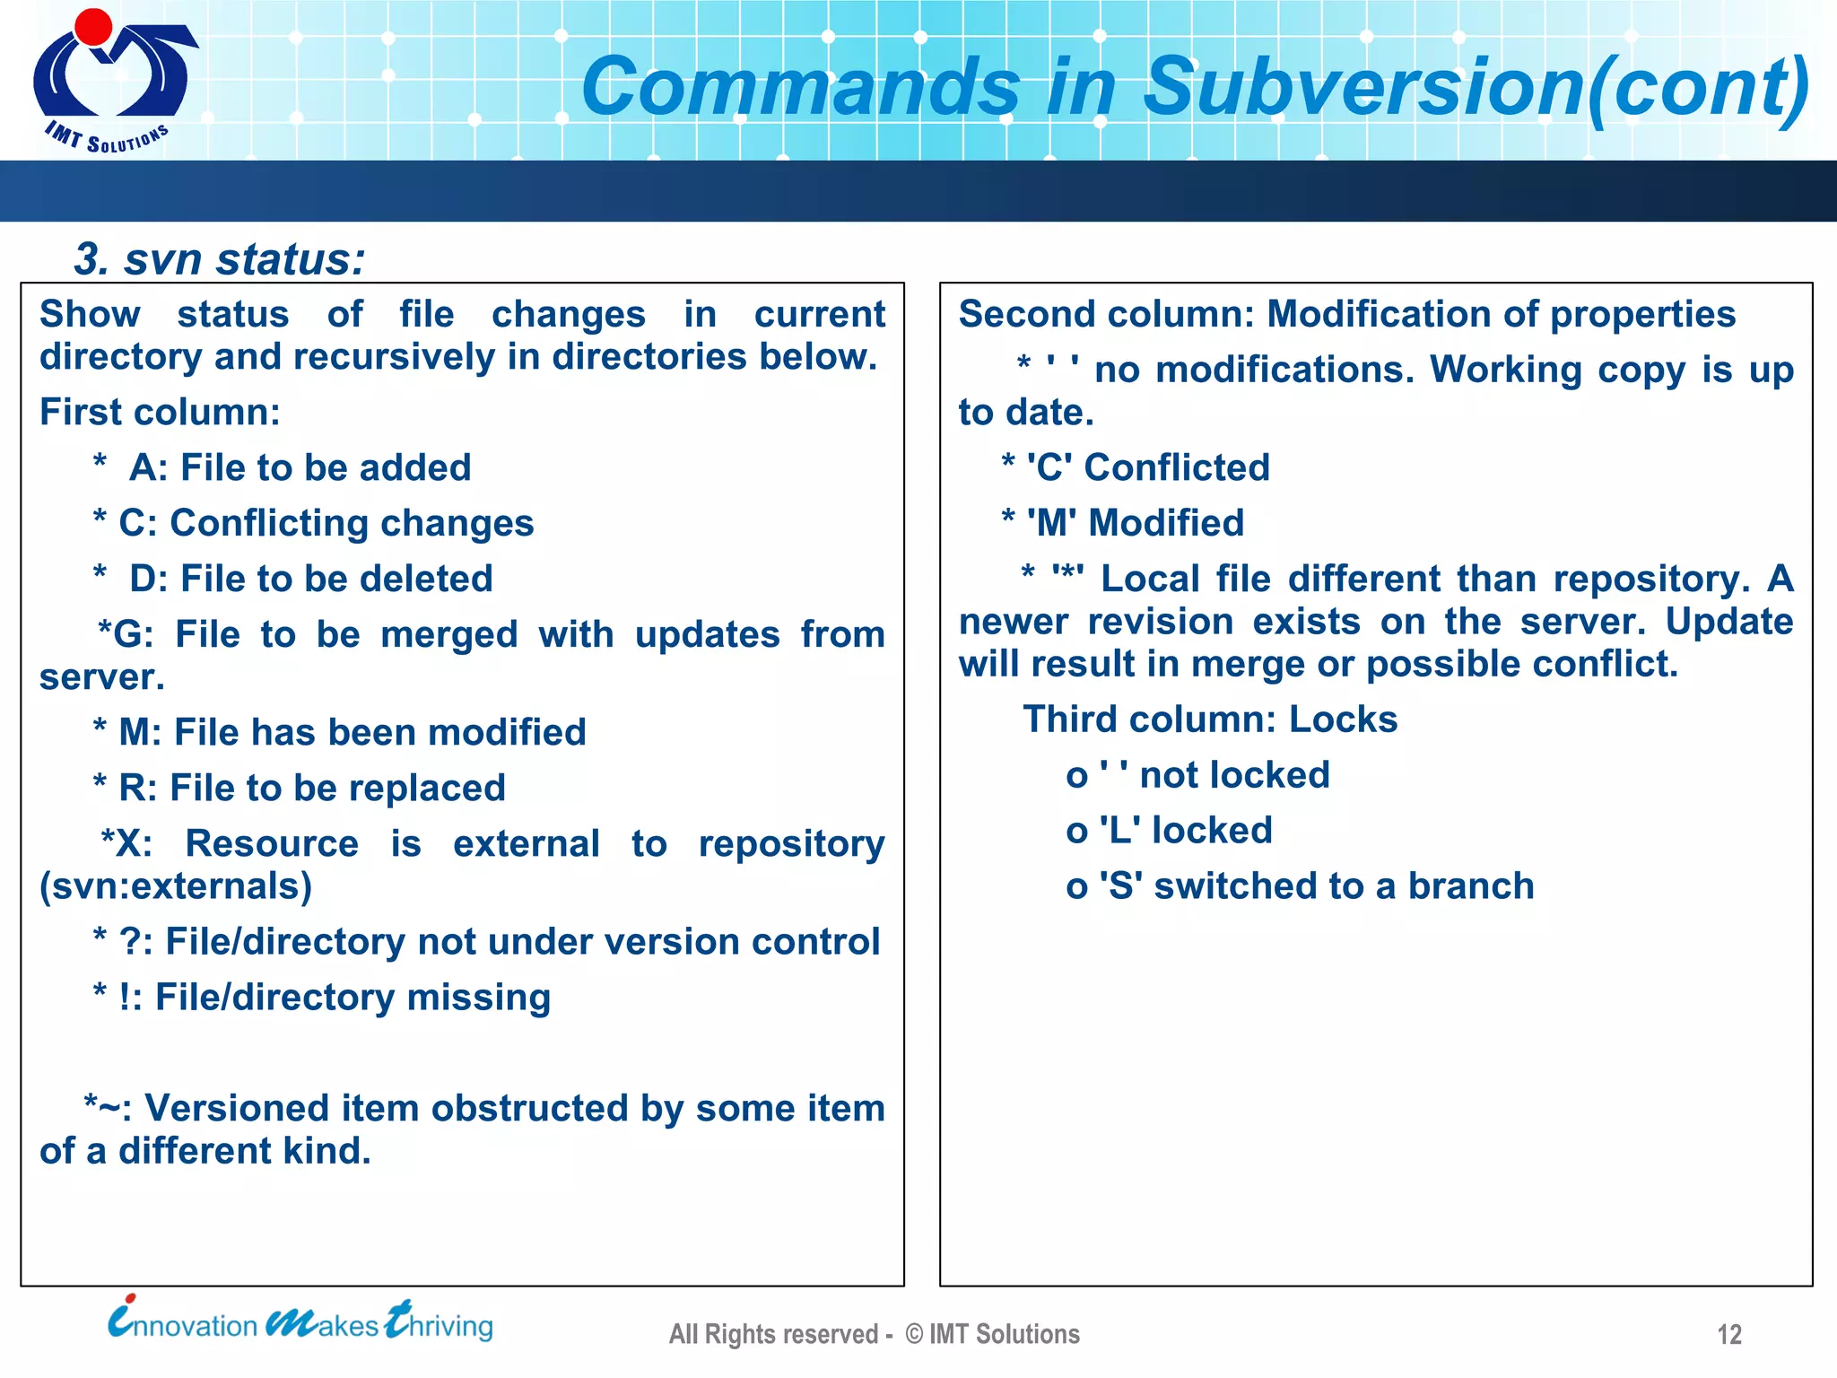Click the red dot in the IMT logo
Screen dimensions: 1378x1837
pyautogui.click(x=93, y=26)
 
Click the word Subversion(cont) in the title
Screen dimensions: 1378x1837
pyautogui.click(x=1476, y=87)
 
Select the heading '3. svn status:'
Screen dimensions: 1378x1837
pyautogui.click(x=220, y=259)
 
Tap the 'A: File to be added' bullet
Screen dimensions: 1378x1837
pyautogui.click(x=300, y=467)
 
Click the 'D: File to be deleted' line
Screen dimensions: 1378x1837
pyautogui.click(x=310, y=579)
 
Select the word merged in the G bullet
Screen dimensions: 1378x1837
pyautogui.click(x=448, y=635)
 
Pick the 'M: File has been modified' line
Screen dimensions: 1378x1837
pyautogui.click(x=352, y=732)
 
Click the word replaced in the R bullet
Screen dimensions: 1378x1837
pyautogui.click(x=427, y=789)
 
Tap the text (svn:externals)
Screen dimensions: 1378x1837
pyautogui.click(x=176, y=886)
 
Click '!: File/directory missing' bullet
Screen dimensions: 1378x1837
pyautogui.click(x=334, y=998)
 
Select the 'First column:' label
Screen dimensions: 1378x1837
pyautogui.click(x=160, y=413)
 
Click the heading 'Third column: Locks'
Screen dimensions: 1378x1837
pyautogui.click(x=1209, y=720)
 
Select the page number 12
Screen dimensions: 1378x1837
pyautogui.click(x=1728, y=1335)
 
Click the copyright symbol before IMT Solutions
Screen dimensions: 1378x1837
pyautogui.click(x=913, y=1335)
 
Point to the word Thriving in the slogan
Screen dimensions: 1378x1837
pyautogui.click(x=440, y=1324)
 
